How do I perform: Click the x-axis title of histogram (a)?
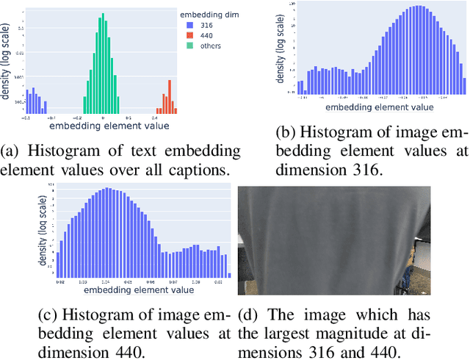117,125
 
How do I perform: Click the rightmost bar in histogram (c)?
229,274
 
